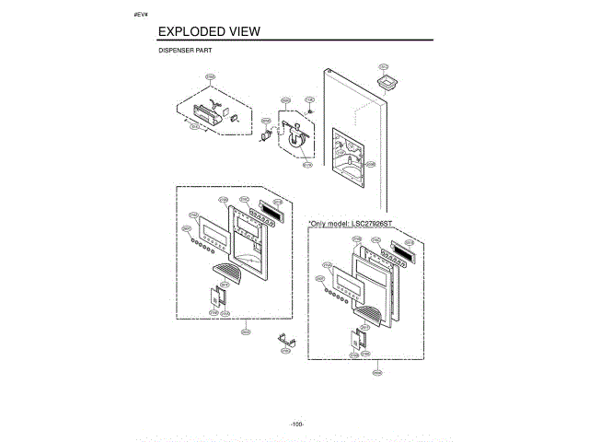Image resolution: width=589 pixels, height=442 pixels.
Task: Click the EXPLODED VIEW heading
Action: coord(209,31)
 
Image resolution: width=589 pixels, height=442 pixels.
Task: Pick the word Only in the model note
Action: coord(321,223)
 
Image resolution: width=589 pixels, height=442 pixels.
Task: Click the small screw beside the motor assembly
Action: coord(310,111)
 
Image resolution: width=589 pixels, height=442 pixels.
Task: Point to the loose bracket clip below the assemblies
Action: coord(285,341)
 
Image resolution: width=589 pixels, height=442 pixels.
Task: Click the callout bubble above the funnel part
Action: coord(384,66)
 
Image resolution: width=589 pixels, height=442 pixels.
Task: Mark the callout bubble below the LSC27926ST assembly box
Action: coord(376,372)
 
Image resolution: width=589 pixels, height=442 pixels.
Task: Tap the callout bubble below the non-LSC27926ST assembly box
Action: coord(246,330)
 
